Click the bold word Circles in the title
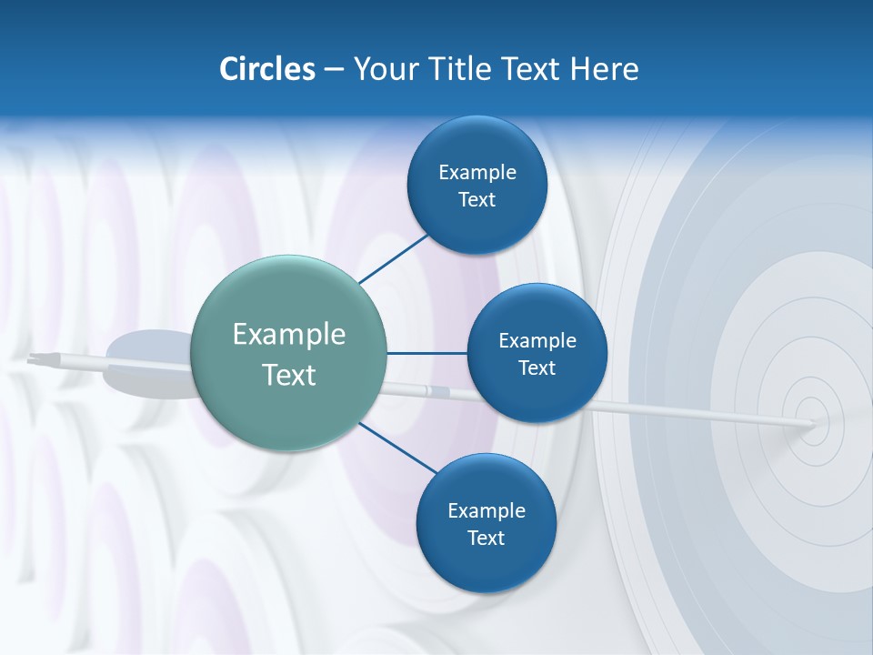(x=267, y=69)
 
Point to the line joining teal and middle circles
(x=426, y=353)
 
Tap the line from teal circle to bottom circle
(x=397, y=448)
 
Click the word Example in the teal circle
(x=289, y=335)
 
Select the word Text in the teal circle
(x=289, y=375)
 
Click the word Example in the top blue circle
(x=477, y=172)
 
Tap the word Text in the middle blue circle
(x=537, y=368)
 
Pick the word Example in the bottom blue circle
(x=487, y=510)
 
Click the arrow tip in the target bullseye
(x=812, y=423)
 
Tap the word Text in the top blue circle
(x=477, y=200)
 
